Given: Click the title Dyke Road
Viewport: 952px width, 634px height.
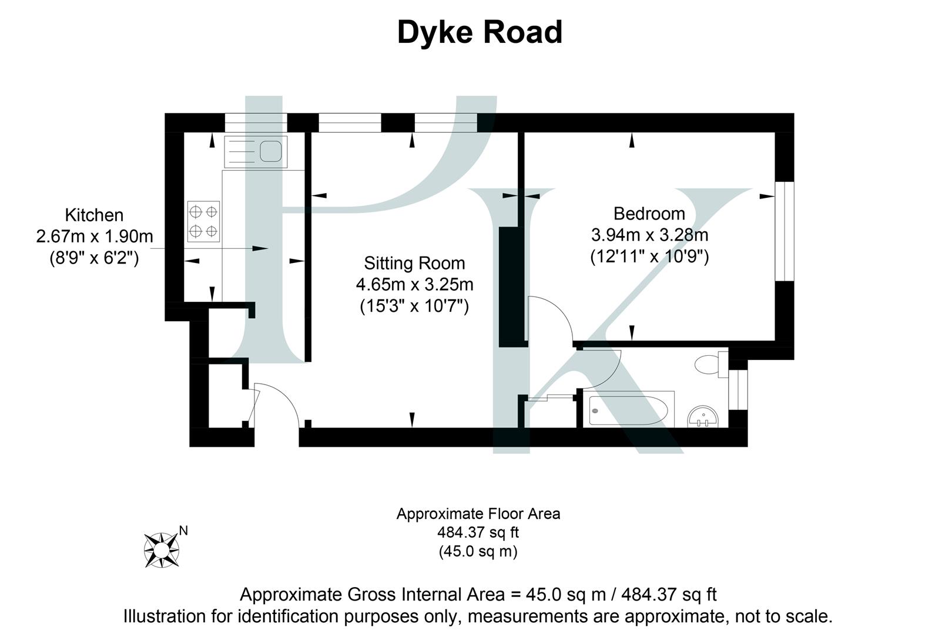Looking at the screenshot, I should [x=480, y=32].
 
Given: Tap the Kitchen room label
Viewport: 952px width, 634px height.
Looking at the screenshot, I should [x=94, y=215].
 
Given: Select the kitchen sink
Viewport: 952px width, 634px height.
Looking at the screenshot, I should [x=256, y=151].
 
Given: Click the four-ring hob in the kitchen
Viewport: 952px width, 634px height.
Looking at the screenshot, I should [x=203, y=221].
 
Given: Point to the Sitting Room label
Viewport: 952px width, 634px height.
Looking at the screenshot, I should [x=414, y=263].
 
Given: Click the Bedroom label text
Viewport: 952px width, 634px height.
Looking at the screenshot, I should [x=649, y=213].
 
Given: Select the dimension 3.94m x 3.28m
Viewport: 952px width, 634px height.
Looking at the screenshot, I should [x=649, y=235].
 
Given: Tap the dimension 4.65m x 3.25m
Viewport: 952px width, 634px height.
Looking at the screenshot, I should [x=414, y=285].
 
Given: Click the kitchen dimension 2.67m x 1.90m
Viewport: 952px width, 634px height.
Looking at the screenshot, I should [x=94, y=237].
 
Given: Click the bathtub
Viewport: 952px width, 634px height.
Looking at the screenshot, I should [x=628, y=408].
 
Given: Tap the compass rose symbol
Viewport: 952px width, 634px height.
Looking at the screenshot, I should [x=161, y=549].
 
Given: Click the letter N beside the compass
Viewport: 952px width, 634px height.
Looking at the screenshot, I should [x=183, y=531].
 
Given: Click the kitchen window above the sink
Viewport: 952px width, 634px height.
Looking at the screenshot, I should [x=256, y=123].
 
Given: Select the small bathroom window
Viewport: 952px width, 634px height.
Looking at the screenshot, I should [x=738, y=389].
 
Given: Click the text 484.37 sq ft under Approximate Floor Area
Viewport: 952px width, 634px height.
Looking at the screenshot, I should [x=478, y=533].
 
